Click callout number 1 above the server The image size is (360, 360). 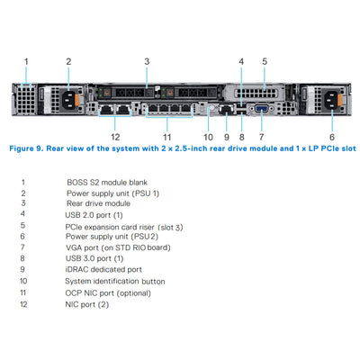click(26, 61)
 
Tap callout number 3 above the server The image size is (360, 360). click(146, 61)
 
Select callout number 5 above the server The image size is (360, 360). click(264, 61)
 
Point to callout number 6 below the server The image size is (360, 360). click(332, 137)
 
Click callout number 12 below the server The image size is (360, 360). click(115, 137)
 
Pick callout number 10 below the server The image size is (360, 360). click(207, 137)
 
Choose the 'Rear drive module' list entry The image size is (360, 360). click(98, 203)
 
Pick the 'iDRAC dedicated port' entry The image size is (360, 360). click(103, 268)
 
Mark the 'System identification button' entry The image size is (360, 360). click(115, 279)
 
